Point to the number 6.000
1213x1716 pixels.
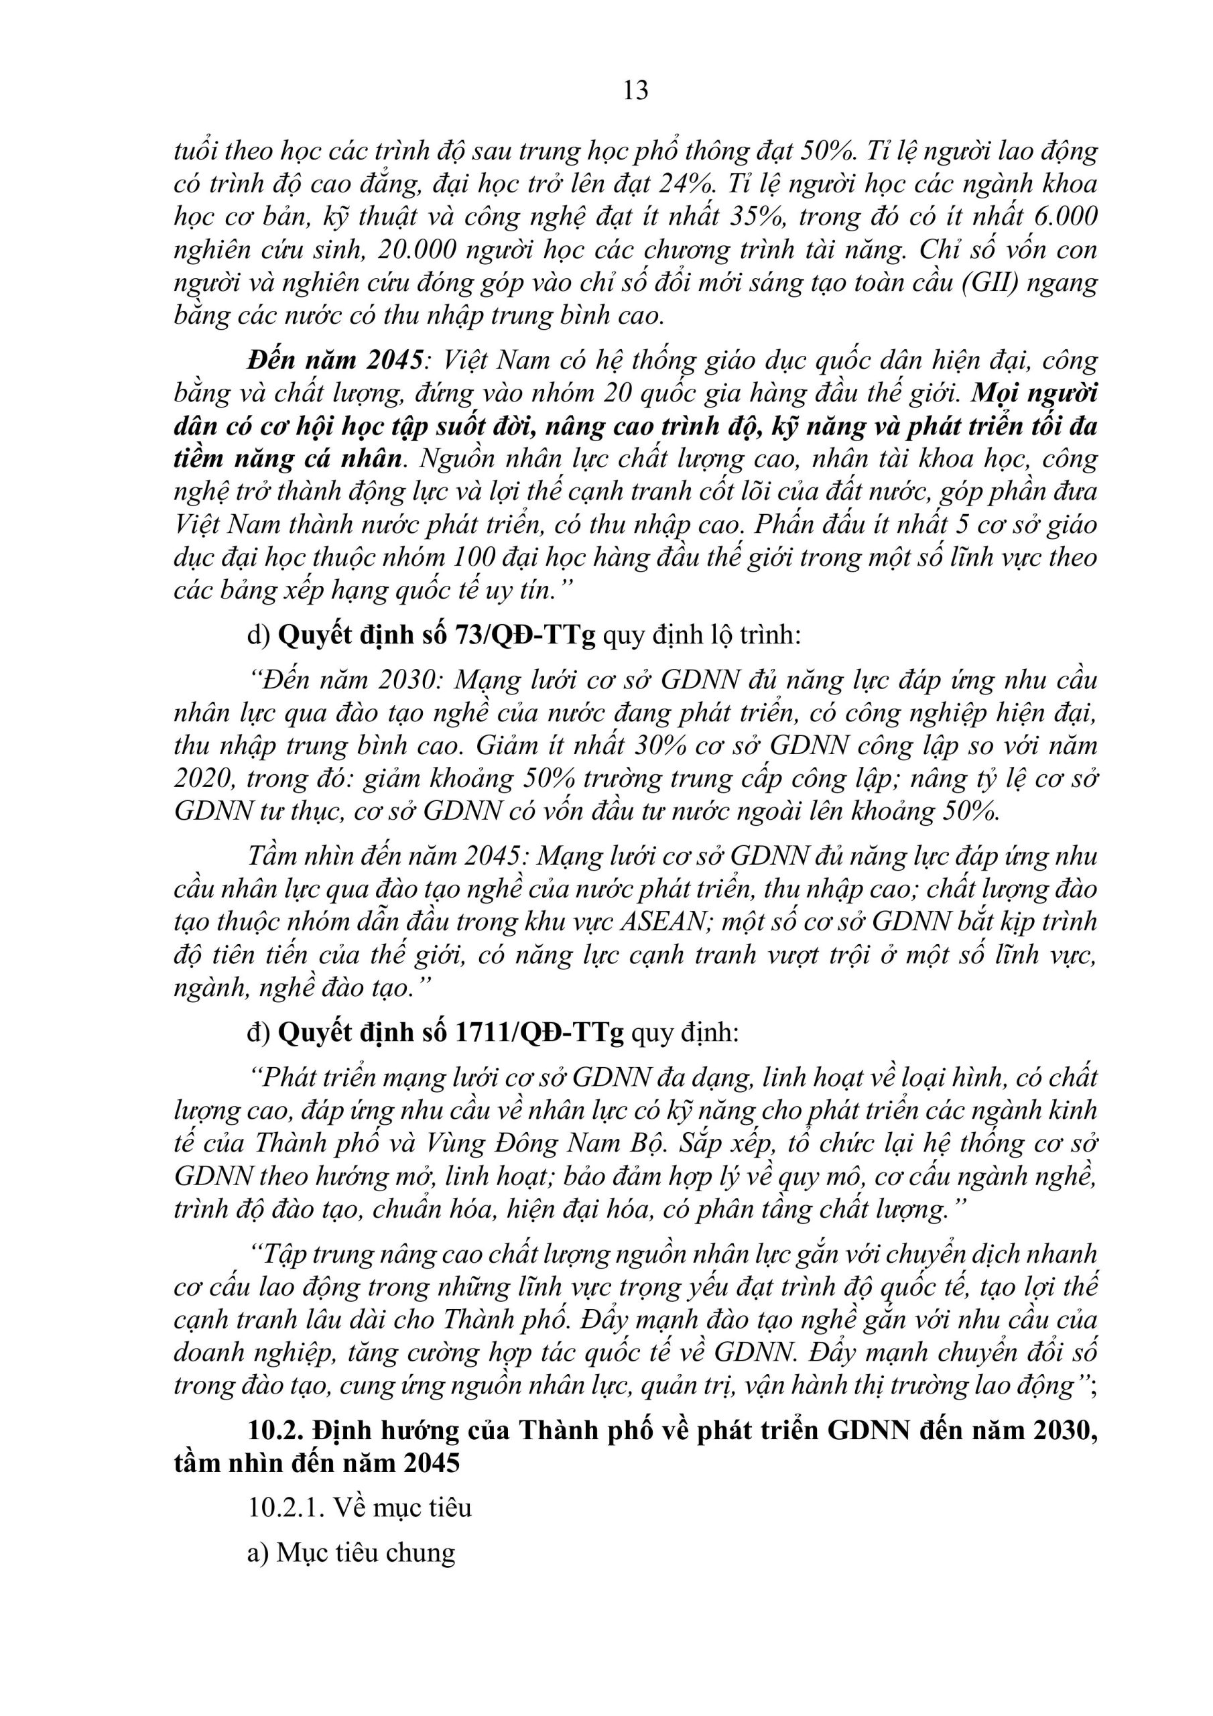tap(1066, 217)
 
